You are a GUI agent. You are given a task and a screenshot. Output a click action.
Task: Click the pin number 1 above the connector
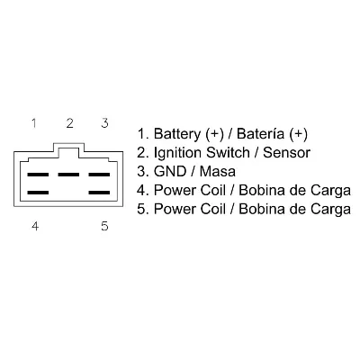pyautogui.click(x=33, y=122)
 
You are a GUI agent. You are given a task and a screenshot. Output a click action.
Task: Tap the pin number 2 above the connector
pyautogui.click(x=69, y=122)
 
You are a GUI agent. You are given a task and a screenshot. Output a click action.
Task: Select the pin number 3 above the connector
pyautogui.click(x=104, y=122)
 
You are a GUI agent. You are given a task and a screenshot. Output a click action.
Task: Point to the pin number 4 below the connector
pyautogui.click(x=35, y=226)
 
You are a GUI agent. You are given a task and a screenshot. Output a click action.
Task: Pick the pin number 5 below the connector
pyautogui.click(x=104, y=226)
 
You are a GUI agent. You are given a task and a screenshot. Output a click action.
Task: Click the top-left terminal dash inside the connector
pyautogui.click(x=38, y=174)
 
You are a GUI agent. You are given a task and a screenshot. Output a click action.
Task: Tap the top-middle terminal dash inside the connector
pyautogui.click(x=69, y=174)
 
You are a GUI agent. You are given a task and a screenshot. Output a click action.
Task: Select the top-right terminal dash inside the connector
pyautogui.click(x=100, y=174)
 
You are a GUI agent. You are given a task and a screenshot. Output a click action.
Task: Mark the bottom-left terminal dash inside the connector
pyautogui.click(x=38, y=192)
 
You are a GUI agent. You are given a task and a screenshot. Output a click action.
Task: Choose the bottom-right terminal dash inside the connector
pyautogui.click(x=100, y=192)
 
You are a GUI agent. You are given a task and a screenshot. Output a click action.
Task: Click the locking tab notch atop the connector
pyautogui.click(x=69, y=147)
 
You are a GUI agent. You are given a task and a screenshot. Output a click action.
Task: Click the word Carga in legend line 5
pyautogui.click(x=329, y=211)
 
